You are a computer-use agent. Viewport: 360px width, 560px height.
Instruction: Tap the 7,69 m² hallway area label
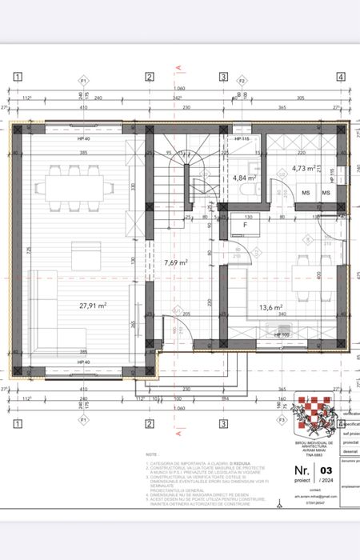click(x=176, y=262)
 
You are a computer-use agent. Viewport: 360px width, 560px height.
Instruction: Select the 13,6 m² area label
click(x=270, y=306)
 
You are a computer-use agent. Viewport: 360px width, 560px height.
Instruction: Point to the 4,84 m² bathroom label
click(x=243, y=178)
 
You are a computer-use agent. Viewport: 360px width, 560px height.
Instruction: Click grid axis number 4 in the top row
click(x=340, y=77)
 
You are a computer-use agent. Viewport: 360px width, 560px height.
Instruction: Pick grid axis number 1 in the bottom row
click(x=16, y=423)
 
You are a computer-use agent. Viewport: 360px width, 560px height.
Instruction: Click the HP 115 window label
click(x=242, y=139)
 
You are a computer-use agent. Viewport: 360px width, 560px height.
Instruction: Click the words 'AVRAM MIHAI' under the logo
click(x=310, y=446)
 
